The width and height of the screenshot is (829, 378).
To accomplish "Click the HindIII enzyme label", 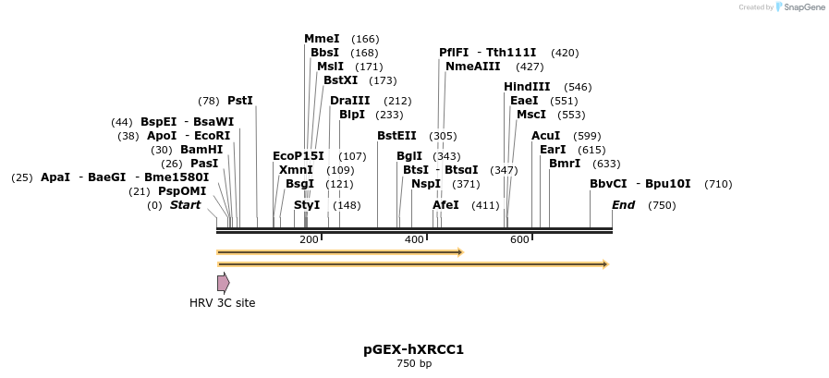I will tap(527, 87).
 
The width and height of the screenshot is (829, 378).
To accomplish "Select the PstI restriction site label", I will tap(239, 101).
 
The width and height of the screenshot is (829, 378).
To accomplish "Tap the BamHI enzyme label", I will tap(201, 150).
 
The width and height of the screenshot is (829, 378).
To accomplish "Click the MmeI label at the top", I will tap(322, 39).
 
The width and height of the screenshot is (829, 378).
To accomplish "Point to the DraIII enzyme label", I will tap(350, 101).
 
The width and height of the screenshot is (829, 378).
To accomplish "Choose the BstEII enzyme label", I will tap(396, 136).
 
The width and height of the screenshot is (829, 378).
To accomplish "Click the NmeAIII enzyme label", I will tap(472, 67).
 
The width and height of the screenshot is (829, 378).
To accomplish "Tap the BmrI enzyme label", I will tap(565, 164).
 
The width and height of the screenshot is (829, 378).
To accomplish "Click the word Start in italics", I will tap(185, 205).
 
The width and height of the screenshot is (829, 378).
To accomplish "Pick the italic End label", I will tap(623, 205).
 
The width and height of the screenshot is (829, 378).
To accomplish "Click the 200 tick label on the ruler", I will tap(309, 240).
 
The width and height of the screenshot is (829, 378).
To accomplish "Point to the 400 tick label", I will tap(414, 240).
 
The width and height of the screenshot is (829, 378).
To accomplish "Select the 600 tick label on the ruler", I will tap(519, 240).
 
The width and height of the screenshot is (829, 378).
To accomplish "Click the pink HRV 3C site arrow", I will tap(223, 283).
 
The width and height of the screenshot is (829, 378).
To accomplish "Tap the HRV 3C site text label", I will tap(223, 303).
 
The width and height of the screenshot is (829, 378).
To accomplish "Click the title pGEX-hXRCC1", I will tap(413, 349).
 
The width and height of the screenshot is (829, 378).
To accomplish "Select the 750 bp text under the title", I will tap(413, 364).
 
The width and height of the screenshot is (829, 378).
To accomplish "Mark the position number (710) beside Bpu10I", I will tap(718, 184).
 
